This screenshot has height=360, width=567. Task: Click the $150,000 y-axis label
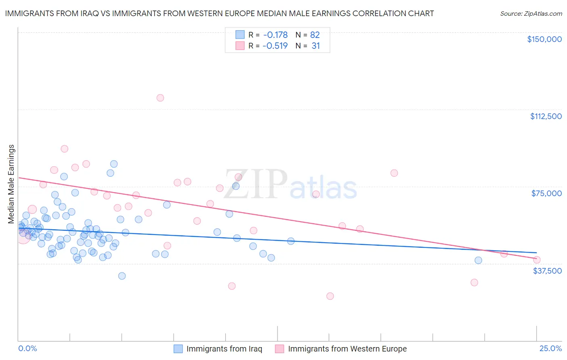point(544,39)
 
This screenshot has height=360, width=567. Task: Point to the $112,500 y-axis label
point(546,116)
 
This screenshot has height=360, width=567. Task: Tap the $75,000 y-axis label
point(546,193)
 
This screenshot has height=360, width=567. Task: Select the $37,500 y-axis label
point(547,271)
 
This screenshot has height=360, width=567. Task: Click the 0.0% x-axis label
point(28,348)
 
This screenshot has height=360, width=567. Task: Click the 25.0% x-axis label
point(550,348)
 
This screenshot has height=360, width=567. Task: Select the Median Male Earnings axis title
point(11,184)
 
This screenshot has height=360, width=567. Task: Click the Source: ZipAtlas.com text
point(531,14)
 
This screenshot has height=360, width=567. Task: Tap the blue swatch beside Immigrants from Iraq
point(178,349)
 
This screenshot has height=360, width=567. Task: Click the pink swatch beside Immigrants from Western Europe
point(279,349)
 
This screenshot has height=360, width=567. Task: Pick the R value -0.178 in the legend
point(275,35)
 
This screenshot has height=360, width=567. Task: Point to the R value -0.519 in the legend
point(275,46)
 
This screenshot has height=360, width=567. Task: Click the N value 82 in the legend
point(315,35)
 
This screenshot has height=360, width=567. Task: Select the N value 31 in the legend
point(316,46)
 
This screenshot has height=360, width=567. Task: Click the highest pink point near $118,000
point(160,98)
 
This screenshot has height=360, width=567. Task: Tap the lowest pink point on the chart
point(330,296)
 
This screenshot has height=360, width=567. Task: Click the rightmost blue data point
point(478,260)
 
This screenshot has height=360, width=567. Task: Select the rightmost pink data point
point(536,260)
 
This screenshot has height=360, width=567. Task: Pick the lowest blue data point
point(122,276)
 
